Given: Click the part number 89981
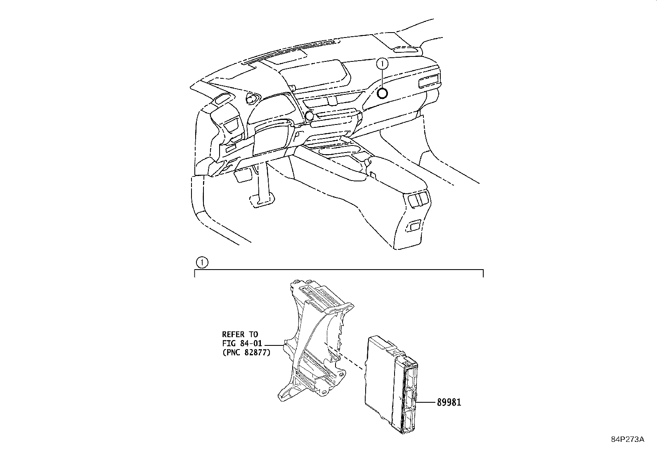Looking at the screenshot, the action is pyautogui.click(x=449, y=402).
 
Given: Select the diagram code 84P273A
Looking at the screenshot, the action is pyautogui.click(x=628, y=439).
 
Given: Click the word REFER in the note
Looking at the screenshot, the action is pyautogui.click(x=233, y=334).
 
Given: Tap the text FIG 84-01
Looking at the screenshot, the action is pyautogui.click(x=242, y=343).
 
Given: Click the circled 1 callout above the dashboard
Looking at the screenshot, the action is pyautogui.click(x=382, y=63).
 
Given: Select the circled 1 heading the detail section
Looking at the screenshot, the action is pyautogui.click(x=202, y=263).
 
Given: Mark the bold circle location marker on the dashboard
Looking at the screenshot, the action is pyautogui.click(x=382, y=94).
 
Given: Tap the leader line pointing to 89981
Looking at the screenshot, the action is pyautogui.click(x=426, y=402).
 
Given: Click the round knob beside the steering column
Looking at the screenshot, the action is pyautogui.click(x=309, y=116).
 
